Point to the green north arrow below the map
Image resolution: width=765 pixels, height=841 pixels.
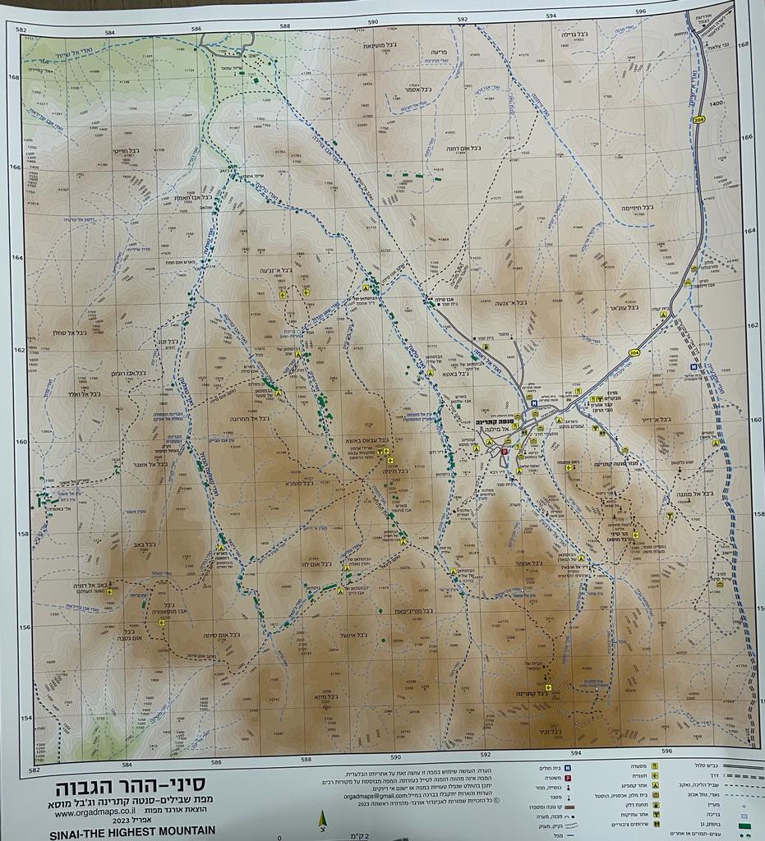click(x=322, y=820)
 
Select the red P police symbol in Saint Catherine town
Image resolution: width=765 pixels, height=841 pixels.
click(x=505, y=451)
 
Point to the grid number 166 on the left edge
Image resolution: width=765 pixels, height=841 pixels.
click(x=14, y=167)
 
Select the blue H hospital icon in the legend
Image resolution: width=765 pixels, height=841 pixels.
click(x=568, y=768)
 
